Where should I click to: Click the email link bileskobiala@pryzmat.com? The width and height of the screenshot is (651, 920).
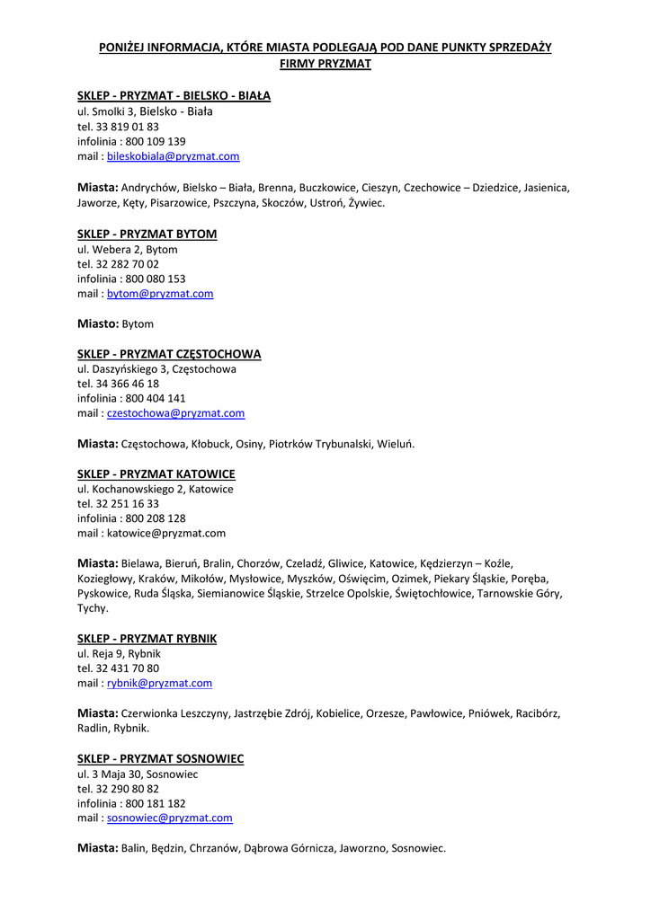coord(173,156)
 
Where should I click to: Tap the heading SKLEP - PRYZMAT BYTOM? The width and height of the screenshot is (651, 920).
coord(147,234)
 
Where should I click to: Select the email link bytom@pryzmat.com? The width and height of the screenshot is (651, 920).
coord(160,294)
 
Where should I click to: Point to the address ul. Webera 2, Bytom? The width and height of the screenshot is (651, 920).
coord(128,250)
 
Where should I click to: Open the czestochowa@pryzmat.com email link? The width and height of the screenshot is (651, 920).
coord(175,413)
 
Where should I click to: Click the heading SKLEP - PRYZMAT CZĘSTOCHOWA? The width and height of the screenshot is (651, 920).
coord(169,354)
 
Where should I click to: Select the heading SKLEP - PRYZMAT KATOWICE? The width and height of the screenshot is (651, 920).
coord(156,473)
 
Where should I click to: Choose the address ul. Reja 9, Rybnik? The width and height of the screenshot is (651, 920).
coord(119,654)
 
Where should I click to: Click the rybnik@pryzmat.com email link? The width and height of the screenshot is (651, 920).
coord(159,683)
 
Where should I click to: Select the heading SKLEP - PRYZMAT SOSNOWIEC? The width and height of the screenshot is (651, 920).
coord(160,759)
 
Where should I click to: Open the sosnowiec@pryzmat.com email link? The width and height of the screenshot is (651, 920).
coord(169,818)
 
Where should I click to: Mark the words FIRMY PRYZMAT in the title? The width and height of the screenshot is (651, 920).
coord(325,65)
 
